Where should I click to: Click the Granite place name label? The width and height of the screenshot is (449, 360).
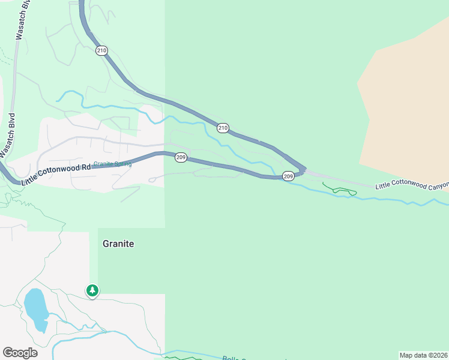point(118,244)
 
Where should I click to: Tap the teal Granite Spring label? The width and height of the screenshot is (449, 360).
point(112,164)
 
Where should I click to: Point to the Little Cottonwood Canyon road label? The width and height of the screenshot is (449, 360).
point(412,186)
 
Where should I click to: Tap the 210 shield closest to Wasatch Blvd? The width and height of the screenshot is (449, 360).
point(101,51)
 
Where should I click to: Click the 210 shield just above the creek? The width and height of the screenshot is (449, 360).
point(223,128)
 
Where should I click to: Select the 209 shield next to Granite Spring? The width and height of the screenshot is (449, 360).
point(181,157)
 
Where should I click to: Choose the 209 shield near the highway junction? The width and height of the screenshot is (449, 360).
point(288,176)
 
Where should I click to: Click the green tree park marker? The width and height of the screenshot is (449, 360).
point(92,291)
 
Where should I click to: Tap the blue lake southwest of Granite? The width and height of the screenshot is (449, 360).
point(37,309)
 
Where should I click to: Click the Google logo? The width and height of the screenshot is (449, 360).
point(20,353)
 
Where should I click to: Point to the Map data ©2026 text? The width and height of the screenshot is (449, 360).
point(423,355)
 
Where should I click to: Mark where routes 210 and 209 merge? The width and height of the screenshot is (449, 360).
point(304,170)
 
